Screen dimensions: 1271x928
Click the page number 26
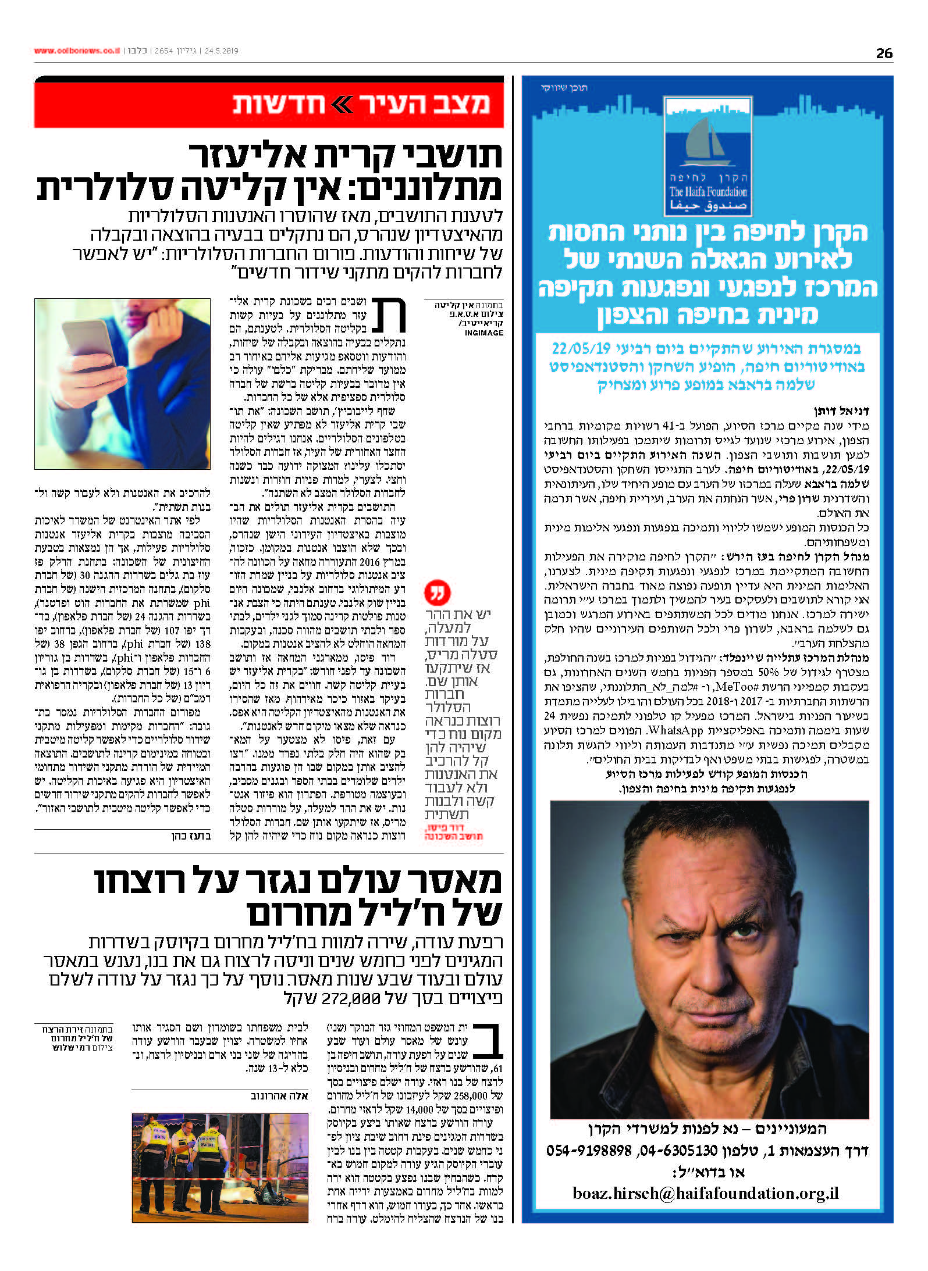pos(884,53)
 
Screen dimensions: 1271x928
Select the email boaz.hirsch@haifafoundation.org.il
pos(706,1193)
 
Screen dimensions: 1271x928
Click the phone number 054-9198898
pos(589,1150)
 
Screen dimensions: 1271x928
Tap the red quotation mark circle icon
pos(438,593)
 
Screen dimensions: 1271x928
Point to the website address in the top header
pos(77,51)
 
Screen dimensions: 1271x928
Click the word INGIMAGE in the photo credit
pos(483,333)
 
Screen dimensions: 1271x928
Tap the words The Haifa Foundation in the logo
pos(707,192)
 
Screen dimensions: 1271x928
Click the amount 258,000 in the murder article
pos(470,1095)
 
